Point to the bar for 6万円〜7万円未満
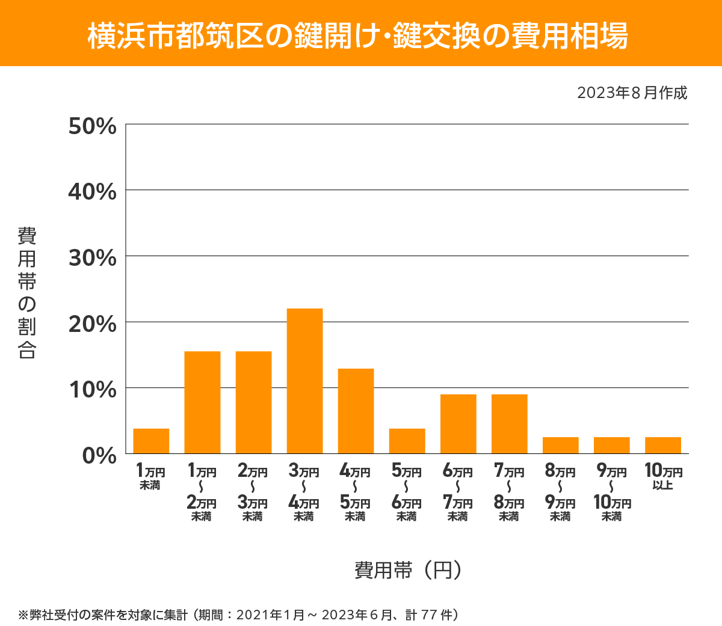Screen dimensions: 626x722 click(x=458, y=424)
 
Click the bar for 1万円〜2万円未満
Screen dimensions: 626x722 click(x=202, y=402)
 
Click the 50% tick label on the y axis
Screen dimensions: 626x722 click(x=92, y=126)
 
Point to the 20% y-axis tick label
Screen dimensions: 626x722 click(x=92, y=324)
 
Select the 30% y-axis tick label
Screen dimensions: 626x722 click(x=92, y=258)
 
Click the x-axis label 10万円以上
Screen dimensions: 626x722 click(x=663, y=476)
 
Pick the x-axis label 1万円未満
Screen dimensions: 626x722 click(x=150, y=476)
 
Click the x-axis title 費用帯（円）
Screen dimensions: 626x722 click(x=408, y=569)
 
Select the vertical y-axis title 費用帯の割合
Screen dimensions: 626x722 click(x=27, y=293)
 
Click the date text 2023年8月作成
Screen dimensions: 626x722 click(x=632, y=93)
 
